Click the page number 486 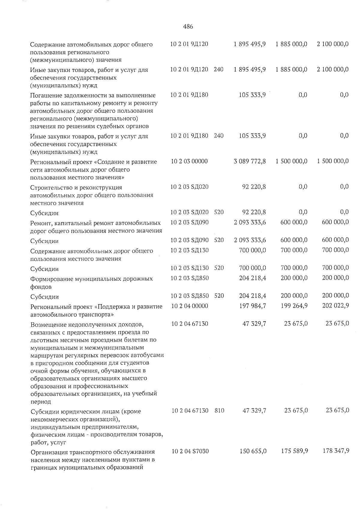coord(188,26)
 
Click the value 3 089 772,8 coord(250,161)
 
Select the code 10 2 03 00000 coord(189,161)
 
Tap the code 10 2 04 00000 coord(190,306)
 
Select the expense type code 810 coord(219,410)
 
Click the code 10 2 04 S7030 coord(190,451)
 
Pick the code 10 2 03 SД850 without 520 coord(189,278)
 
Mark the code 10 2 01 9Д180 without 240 coord(189,95)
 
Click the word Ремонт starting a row coord(40,223)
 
